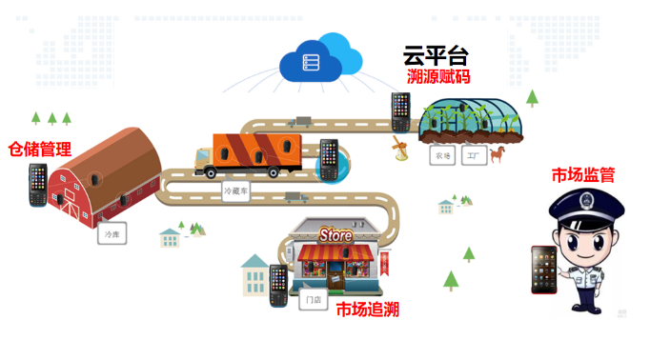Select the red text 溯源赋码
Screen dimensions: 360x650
(x=438, y=77)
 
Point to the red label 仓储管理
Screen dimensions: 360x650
(x=40, y=149)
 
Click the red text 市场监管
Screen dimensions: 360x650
(x=583, y=175)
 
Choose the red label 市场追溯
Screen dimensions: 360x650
(x=367, y=309)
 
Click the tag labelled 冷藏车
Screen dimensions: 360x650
(x=234, y=190)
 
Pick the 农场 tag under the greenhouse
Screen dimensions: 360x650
(x=443, y=155)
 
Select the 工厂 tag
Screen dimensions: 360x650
(x=471, y=155)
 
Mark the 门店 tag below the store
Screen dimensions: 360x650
(x=312, y=301)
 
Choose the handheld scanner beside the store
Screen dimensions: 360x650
(x=278, y=284)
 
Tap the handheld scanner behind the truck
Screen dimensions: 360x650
(x=329, y=158)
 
